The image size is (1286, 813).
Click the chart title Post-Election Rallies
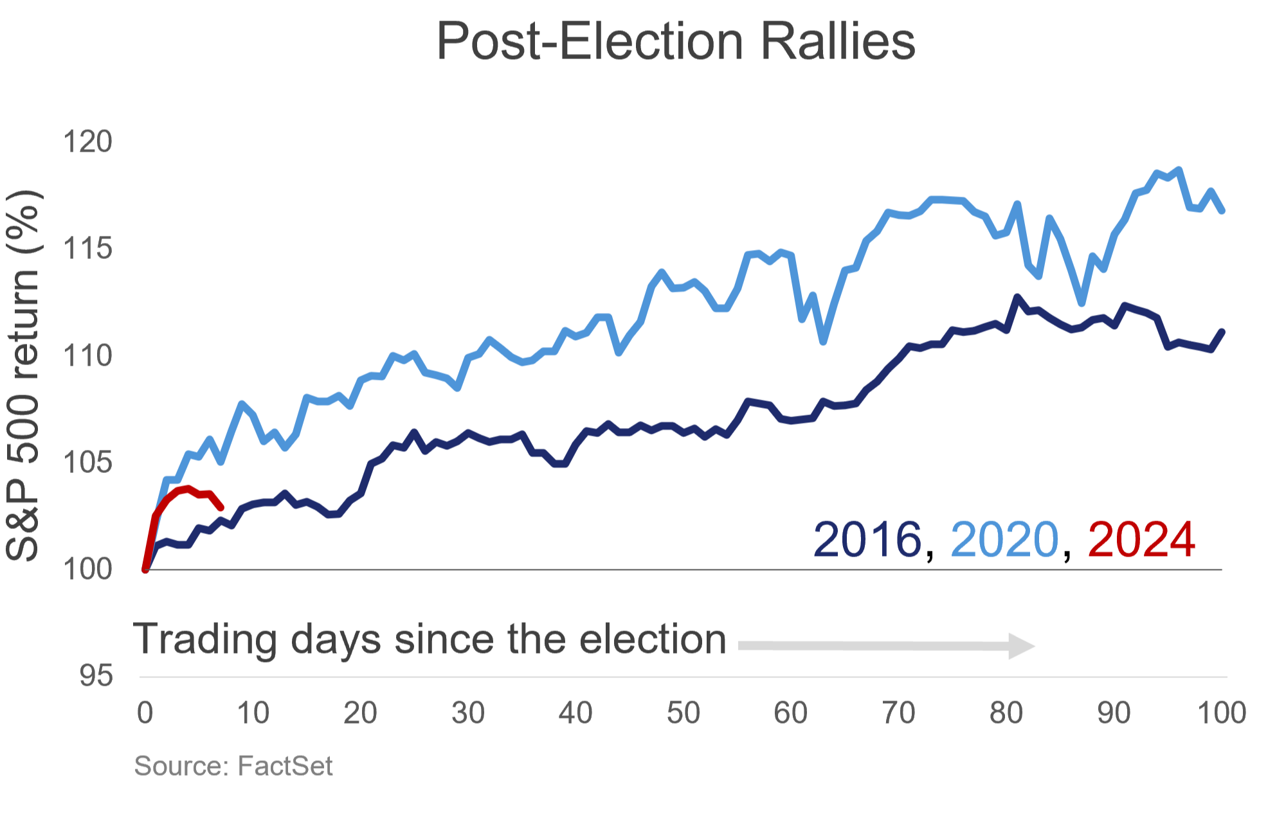pos(675,41)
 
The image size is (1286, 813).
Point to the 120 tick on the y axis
pos(87,141)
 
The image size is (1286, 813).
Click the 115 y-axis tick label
pos(87,248)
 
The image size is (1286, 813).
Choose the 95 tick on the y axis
pos(96,676)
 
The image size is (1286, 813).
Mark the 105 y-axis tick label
pos(87,462)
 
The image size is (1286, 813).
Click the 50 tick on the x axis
pos(683,713)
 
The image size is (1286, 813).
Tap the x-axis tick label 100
pos(1222,713)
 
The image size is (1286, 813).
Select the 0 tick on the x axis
pos(145,713)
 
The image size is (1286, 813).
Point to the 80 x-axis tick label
pos(1006,713)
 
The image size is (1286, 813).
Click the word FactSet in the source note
pos(285,766)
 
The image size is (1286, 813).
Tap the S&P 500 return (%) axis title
pos(23,376)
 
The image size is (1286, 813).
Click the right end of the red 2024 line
pos(221,508)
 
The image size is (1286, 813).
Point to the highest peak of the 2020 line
pos(1179,170)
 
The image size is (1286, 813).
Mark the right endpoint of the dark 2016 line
pos(1222,332)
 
